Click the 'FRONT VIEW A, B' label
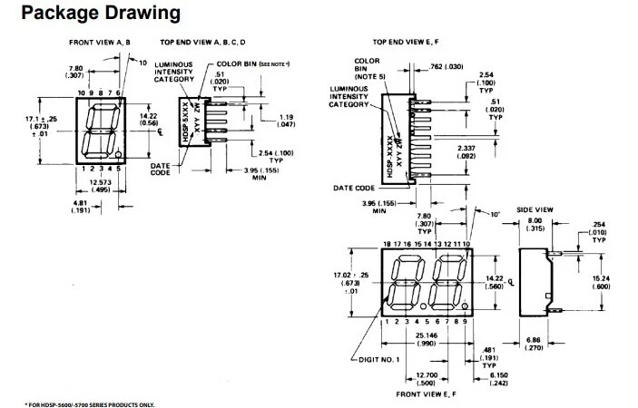point(102,43)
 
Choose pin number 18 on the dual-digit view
point(388,245)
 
